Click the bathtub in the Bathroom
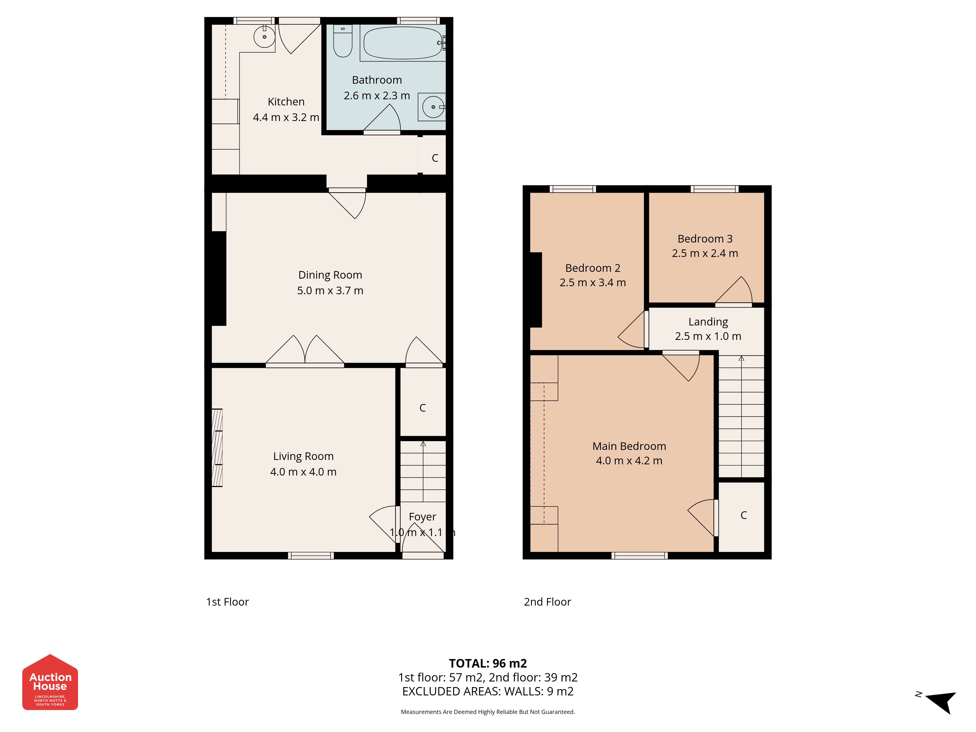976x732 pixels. tap(403, 43)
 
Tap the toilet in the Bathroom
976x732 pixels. tap(343, 41)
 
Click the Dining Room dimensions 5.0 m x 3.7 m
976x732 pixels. tap(330, 290)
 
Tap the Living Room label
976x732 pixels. tap(303, 456)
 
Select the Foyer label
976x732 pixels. tap(422, 517)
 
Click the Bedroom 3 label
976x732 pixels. tap(705, 239)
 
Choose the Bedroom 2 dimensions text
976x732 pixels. tap(593, 282)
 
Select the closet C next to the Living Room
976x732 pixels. tap(423, 408)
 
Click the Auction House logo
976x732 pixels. tap(50, 682)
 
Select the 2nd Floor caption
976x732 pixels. tap(547, 602)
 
